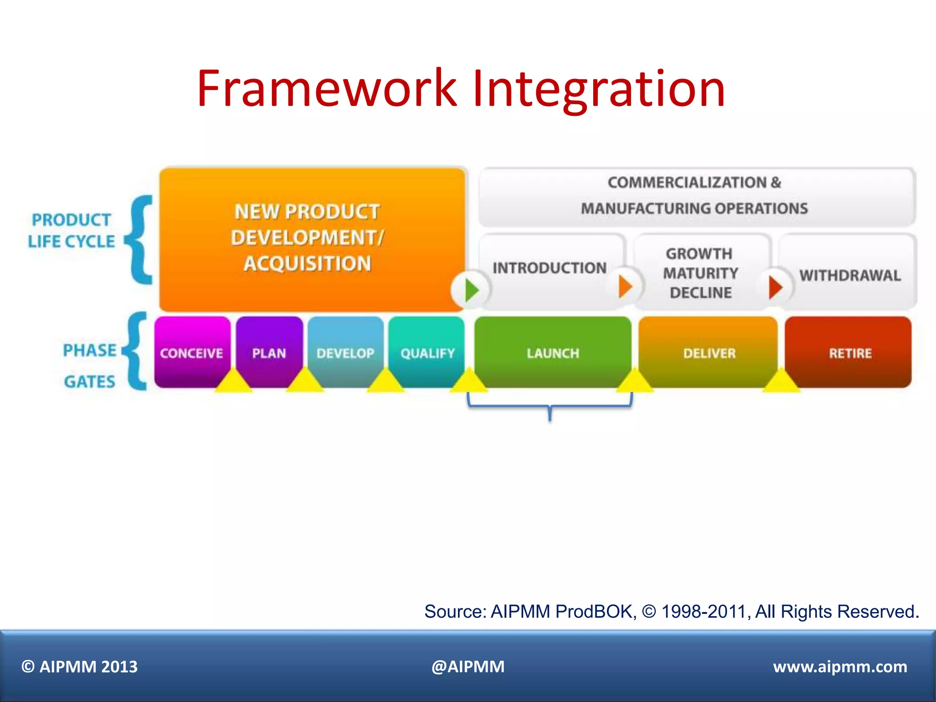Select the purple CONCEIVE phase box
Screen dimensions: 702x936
[192, 352]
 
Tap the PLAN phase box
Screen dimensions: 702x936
[269, 352]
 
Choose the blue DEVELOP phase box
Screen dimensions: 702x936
[346, 352]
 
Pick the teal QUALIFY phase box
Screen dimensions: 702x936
[427, 352]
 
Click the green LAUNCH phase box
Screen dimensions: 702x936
[553, 352]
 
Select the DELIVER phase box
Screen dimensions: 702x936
[709, 352]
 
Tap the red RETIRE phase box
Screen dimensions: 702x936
[850, 352]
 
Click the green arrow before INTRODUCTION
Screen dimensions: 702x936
[471, 290]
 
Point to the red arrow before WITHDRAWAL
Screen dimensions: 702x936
[775, 287]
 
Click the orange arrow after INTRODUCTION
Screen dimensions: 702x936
[625, 287]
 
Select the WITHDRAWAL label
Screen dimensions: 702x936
[850, 275]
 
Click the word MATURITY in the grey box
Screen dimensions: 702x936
[700, 273]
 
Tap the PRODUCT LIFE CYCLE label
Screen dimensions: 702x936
[71, 230]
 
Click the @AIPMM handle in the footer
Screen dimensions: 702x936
[468, 666]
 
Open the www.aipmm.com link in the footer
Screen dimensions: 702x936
[840, 666]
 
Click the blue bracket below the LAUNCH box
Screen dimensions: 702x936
[550, 406]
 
